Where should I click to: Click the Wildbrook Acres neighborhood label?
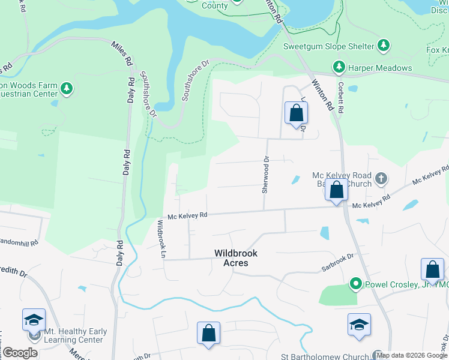point(231,258)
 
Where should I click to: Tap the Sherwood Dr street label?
point(264,175)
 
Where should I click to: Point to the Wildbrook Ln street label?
point(161,239)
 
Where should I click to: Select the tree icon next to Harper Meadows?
point(339,68)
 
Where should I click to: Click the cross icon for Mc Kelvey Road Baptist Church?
point(381,179)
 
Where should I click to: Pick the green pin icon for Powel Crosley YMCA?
point(355,283)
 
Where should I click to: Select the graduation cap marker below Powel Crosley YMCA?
point(359,325)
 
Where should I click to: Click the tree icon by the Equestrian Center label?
point(67,89)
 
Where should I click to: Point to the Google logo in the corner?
point(20,353)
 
